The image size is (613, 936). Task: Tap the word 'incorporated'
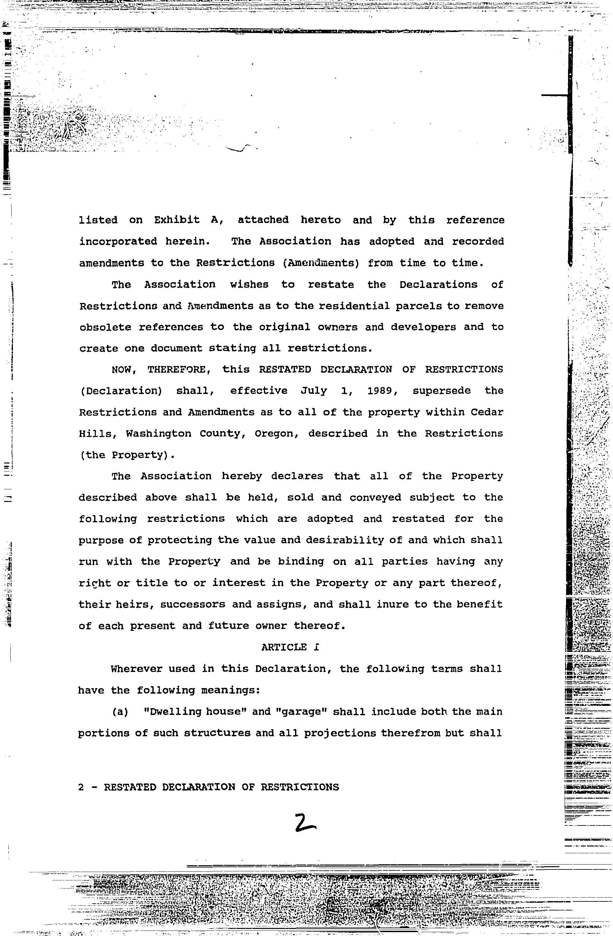pos(118,241)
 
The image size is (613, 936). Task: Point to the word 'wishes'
pos(249,285)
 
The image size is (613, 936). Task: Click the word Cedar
pos(487,412)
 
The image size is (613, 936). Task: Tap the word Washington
pos(159,434)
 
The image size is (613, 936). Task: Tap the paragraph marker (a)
pos(120,712)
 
